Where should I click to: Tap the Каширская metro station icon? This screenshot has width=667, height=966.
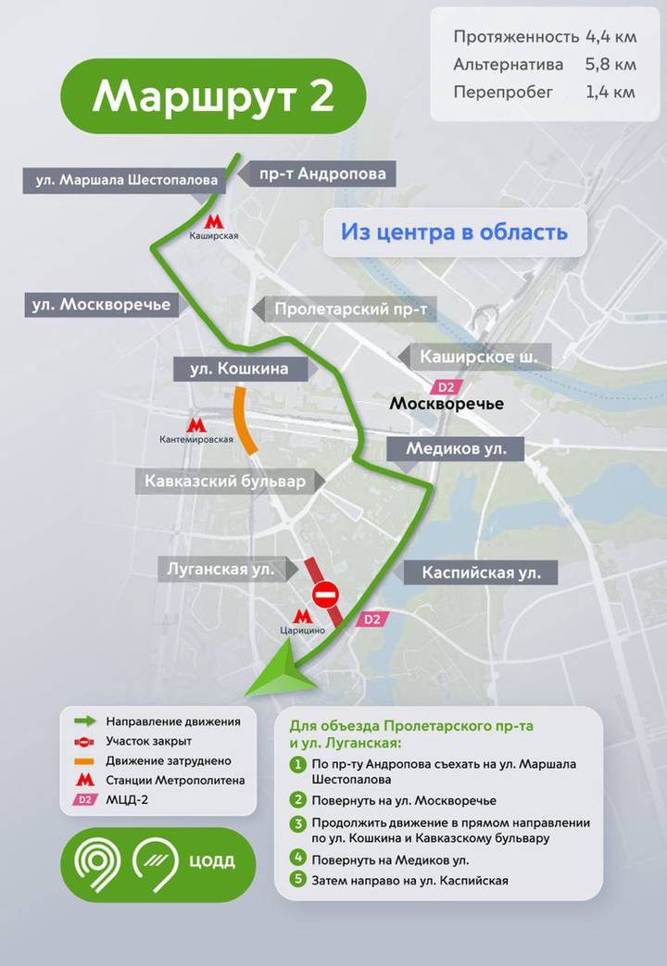click(x=214, y=221)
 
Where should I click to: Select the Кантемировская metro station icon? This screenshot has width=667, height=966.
click(x=195, y=424)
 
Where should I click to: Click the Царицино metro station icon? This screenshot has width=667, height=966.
click(x=302, y=616)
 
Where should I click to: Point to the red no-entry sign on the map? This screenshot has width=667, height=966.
click(x=326, y=593)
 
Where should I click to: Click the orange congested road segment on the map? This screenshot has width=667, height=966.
click(x=245, y=421)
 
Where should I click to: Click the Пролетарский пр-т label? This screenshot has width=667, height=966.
click(x=343, y=309)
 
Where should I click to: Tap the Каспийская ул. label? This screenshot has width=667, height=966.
click(x=481, y=572)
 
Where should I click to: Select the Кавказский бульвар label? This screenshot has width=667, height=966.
click(x=224, y=482)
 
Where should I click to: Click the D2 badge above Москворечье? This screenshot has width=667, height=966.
click(x=447, y=387)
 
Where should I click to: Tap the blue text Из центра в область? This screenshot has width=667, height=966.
click(x=454, y=232)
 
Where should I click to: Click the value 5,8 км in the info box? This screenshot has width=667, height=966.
click(x=610, y=65)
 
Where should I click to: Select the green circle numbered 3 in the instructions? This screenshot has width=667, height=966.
click(x=297, y=822)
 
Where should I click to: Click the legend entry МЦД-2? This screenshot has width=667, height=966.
click(x=129, y=800)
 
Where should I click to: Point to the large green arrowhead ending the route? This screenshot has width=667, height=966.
click(x=278, y=674)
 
